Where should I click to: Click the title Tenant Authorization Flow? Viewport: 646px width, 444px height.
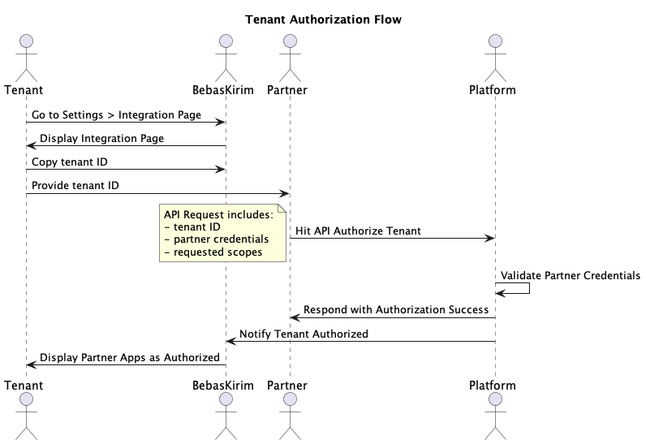pyautogui.click(x=323, y=19)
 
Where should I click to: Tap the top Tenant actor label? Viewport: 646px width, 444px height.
pyautogui.click(x=24, y=89)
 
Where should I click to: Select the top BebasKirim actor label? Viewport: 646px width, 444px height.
pyautogui.click(x=225, y=89)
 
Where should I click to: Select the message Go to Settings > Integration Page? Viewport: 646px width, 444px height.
pyautogui.click(x=116, y=115)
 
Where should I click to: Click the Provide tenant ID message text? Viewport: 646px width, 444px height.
pyautogui.click(x=75, y=186)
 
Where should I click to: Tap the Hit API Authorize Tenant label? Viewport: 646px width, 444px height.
pyautogui.click(x=358, y=231)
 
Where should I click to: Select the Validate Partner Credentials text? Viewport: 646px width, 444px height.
pyautogui.click(x=570, y=276)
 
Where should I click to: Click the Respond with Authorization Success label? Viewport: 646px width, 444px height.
pyautogui.click(x=396, y=310)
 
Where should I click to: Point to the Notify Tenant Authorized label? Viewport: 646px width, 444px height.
pyautogui.click(x=304, y=334)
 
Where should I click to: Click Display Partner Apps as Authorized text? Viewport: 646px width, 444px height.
pyautogui.click(x=129, y=357)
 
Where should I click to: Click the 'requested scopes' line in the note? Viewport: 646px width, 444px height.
pyautogui.click(x=213, y=252)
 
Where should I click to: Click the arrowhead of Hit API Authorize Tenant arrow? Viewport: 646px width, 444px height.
pyautogui.click(x=489, y=238)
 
